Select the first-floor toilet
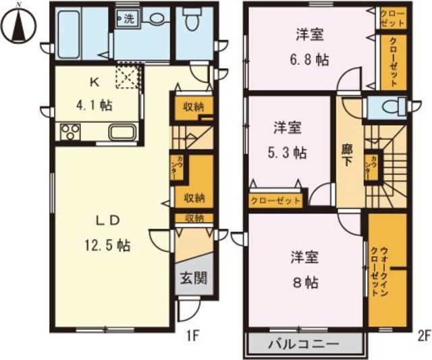(192, 22)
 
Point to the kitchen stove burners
(70, 132)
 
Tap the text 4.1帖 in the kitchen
(96, 105)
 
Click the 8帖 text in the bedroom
(305, 282)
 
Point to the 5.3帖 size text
(288, 152)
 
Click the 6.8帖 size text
(312, 59)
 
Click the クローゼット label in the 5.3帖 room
(276, 201)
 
